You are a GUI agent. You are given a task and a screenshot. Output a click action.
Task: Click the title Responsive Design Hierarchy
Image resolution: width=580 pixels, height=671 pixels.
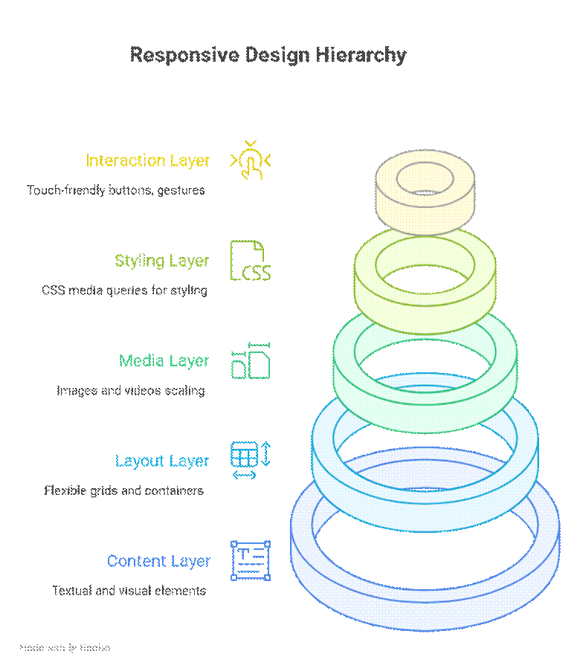click(268, 55)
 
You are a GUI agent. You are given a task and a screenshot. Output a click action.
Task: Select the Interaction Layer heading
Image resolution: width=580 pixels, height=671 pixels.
click(148, 161)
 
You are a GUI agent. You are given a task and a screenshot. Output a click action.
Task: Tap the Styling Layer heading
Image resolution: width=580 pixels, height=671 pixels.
click(162, 261)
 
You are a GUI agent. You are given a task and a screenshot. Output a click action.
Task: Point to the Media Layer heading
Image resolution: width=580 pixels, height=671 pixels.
click(164, 361)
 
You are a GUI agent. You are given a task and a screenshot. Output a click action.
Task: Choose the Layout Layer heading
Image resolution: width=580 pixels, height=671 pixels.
click(162, 461)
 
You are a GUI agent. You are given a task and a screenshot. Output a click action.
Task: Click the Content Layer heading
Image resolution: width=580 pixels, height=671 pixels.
click(158, 561)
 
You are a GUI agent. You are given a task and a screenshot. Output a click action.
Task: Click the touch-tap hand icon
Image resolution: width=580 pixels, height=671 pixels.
click(251, 161)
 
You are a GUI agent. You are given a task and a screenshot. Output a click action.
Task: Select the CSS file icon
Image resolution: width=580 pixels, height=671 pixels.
click(251, 261)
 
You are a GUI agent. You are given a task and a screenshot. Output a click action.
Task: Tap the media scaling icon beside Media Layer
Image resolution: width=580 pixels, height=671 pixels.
click(251, 361)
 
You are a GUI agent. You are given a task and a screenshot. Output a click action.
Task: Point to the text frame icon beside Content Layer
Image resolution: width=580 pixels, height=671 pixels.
click(251, 561)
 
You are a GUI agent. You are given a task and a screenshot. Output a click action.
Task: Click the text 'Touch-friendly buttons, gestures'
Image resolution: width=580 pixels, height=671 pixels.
click(115, 190)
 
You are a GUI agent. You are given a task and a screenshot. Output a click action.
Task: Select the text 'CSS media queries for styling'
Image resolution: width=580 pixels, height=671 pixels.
click(124, 291)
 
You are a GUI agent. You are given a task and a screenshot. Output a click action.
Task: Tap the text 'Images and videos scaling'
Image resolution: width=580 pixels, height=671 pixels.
click(130, 391)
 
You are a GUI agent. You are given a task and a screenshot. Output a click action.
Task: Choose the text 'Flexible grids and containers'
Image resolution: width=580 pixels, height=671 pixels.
click(123, 491)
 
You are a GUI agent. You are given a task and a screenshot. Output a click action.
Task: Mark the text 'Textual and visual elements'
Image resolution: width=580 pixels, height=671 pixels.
click(129, 591)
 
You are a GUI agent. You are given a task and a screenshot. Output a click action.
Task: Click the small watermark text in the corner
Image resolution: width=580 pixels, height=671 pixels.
click(65, 648)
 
